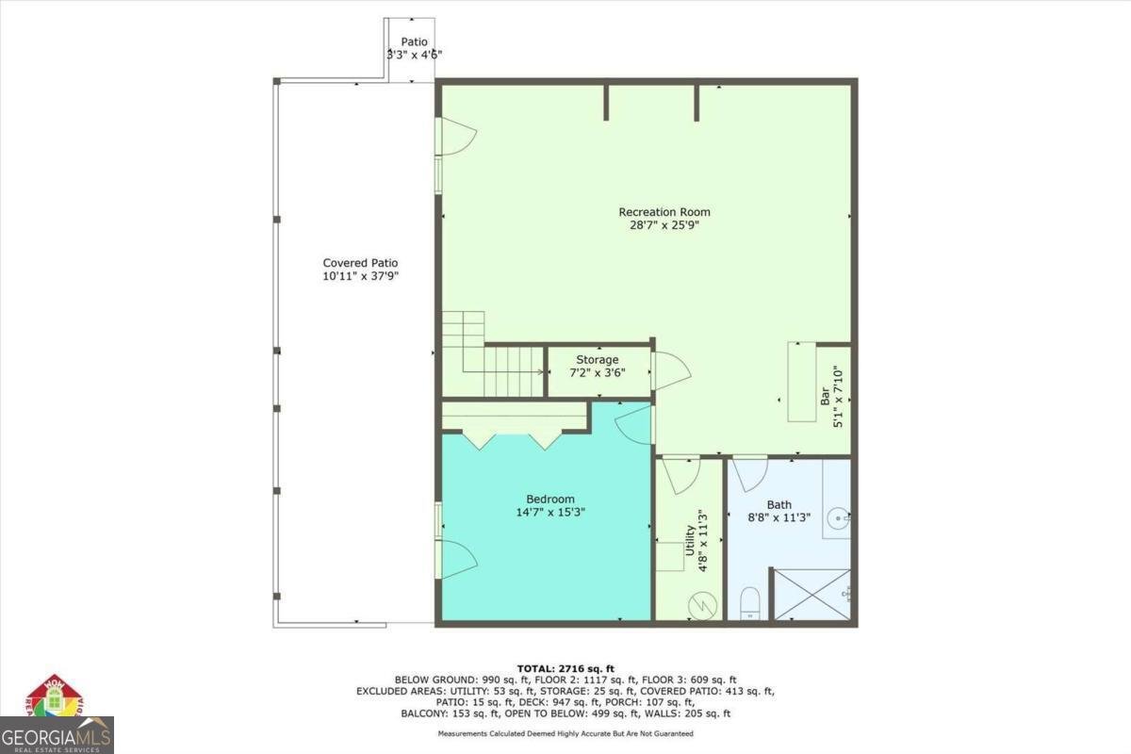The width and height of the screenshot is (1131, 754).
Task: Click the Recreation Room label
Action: [x=664, y=212]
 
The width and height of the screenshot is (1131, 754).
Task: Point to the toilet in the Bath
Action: [x=751, y=602]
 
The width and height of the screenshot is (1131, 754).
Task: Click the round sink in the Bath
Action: [x=837, y=517]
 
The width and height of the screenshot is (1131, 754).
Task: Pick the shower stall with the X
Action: [x=811, y=594]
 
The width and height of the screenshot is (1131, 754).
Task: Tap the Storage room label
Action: [x=598, y=360]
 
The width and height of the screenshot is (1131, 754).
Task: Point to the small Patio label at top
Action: [x=414, y=42]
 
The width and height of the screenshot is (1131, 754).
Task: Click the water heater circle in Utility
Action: [x=703, y=603]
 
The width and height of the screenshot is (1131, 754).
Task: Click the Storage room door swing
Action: [x=671, y=370]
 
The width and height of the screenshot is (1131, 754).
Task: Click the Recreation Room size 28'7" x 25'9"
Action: [x=664, y=226]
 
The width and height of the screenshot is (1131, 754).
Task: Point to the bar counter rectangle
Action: [x=801, y=382]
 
